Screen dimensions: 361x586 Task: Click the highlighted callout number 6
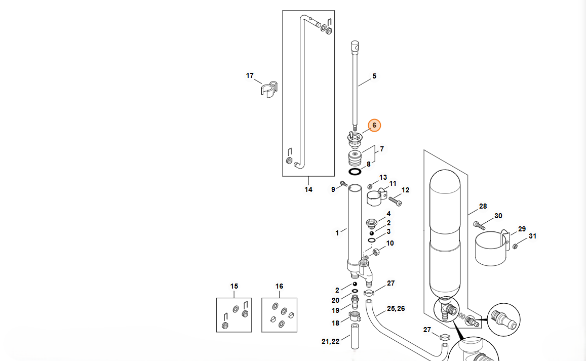click(x=374, y=125)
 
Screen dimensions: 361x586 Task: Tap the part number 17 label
click(x=250, y=76)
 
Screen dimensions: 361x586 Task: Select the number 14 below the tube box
click(x=308, y=190)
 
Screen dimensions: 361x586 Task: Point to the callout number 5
click(x=374, y=76)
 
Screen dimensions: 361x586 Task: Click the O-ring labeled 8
click(x=355, y=172)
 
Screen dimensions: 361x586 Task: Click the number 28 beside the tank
click(x=483, y=207)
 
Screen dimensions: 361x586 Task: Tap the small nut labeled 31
click(x=515, y=246)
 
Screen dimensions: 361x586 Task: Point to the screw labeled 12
click(x=395, y=201)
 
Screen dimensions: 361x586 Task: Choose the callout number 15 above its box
click(x=234, y=287)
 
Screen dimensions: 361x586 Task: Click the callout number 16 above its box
click(x=280, y=287)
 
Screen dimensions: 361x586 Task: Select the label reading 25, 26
click(x=396, y=308)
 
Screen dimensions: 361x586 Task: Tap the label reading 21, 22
click(x=330, y=342)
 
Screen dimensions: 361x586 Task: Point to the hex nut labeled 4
click(x=371, y=222)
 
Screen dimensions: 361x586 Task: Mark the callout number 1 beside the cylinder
click(x=337, y=233)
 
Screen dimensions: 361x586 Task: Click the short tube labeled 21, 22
click(x=354, y=337)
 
